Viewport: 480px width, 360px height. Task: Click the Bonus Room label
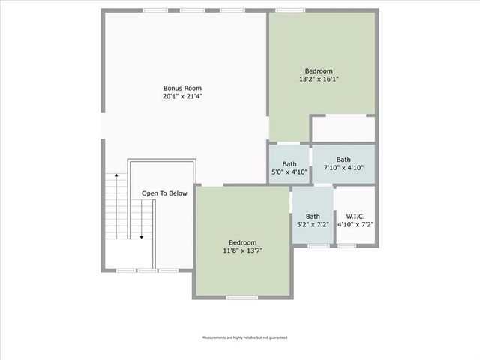point(183,88)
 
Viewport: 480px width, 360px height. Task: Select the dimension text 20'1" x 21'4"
point(183,96)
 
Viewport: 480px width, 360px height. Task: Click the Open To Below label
point(164,193)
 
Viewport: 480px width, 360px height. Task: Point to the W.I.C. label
point(355,215)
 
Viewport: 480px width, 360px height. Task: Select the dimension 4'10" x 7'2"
point(355,223)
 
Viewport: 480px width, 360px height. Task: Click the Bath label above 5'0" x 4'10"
point(289,164)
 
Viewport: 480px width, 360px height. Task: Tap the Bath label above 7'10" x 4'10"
point(343,160)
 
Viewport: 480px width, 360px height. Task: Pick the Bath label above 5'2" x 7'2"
point(312,216)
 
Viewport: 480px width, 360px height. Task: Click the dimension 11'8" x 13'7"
point(243,250)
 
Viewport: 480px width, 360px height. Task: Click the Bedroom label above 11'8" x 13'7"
point(243,242)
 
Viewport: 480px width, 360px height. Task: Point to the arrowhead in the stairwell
point(140,237)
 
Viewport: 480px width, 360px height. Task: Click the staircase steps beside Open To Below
point(115,206)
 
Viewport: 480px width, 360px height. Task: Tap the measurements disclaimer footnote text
point(244,337)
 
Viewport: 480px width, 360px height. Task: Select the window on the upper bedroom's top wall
point(289,10)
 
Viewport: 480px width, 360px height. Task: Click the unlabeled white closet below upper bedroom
point(343,129)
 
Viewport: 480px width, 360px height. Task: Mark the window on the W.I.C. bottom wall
point(346,246)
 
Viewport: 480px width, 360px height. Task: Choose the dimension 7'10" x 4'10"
point(343,168)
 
